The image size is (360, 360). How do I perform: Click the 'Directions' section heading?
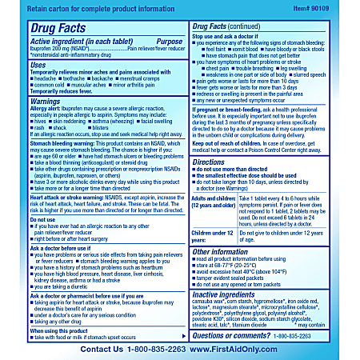click(x=214, y=161)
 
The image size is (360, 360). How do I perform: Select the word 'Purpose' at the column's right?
click(x=167, y=40)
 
